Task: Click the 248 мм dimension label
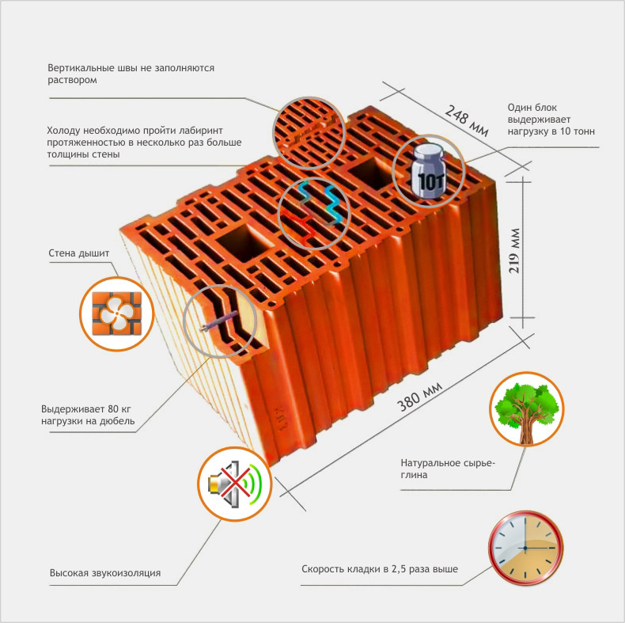click(x=466, y=120)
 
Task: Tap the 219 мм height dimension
click(x=514, y=251)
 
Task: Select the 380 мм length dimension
click(x=419, y=396)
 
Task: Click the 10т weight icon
click(x=428, y=171)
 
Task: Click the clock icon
click(x=525, y=548)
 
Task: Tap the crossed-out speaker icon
click(x=234, y=484)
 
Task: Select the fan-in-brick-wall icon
click(x=117, y=314)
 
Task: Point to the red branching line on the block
click(x=300, y=226)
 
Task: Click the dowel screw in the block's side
click(x=219, y=321)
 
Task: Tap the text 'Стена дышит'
click(x=79, y=253)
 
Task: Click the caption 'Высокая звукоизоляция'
click(x=105, y=573)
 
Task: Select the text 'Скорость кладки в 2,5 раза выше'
click(x=380, y=568)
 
